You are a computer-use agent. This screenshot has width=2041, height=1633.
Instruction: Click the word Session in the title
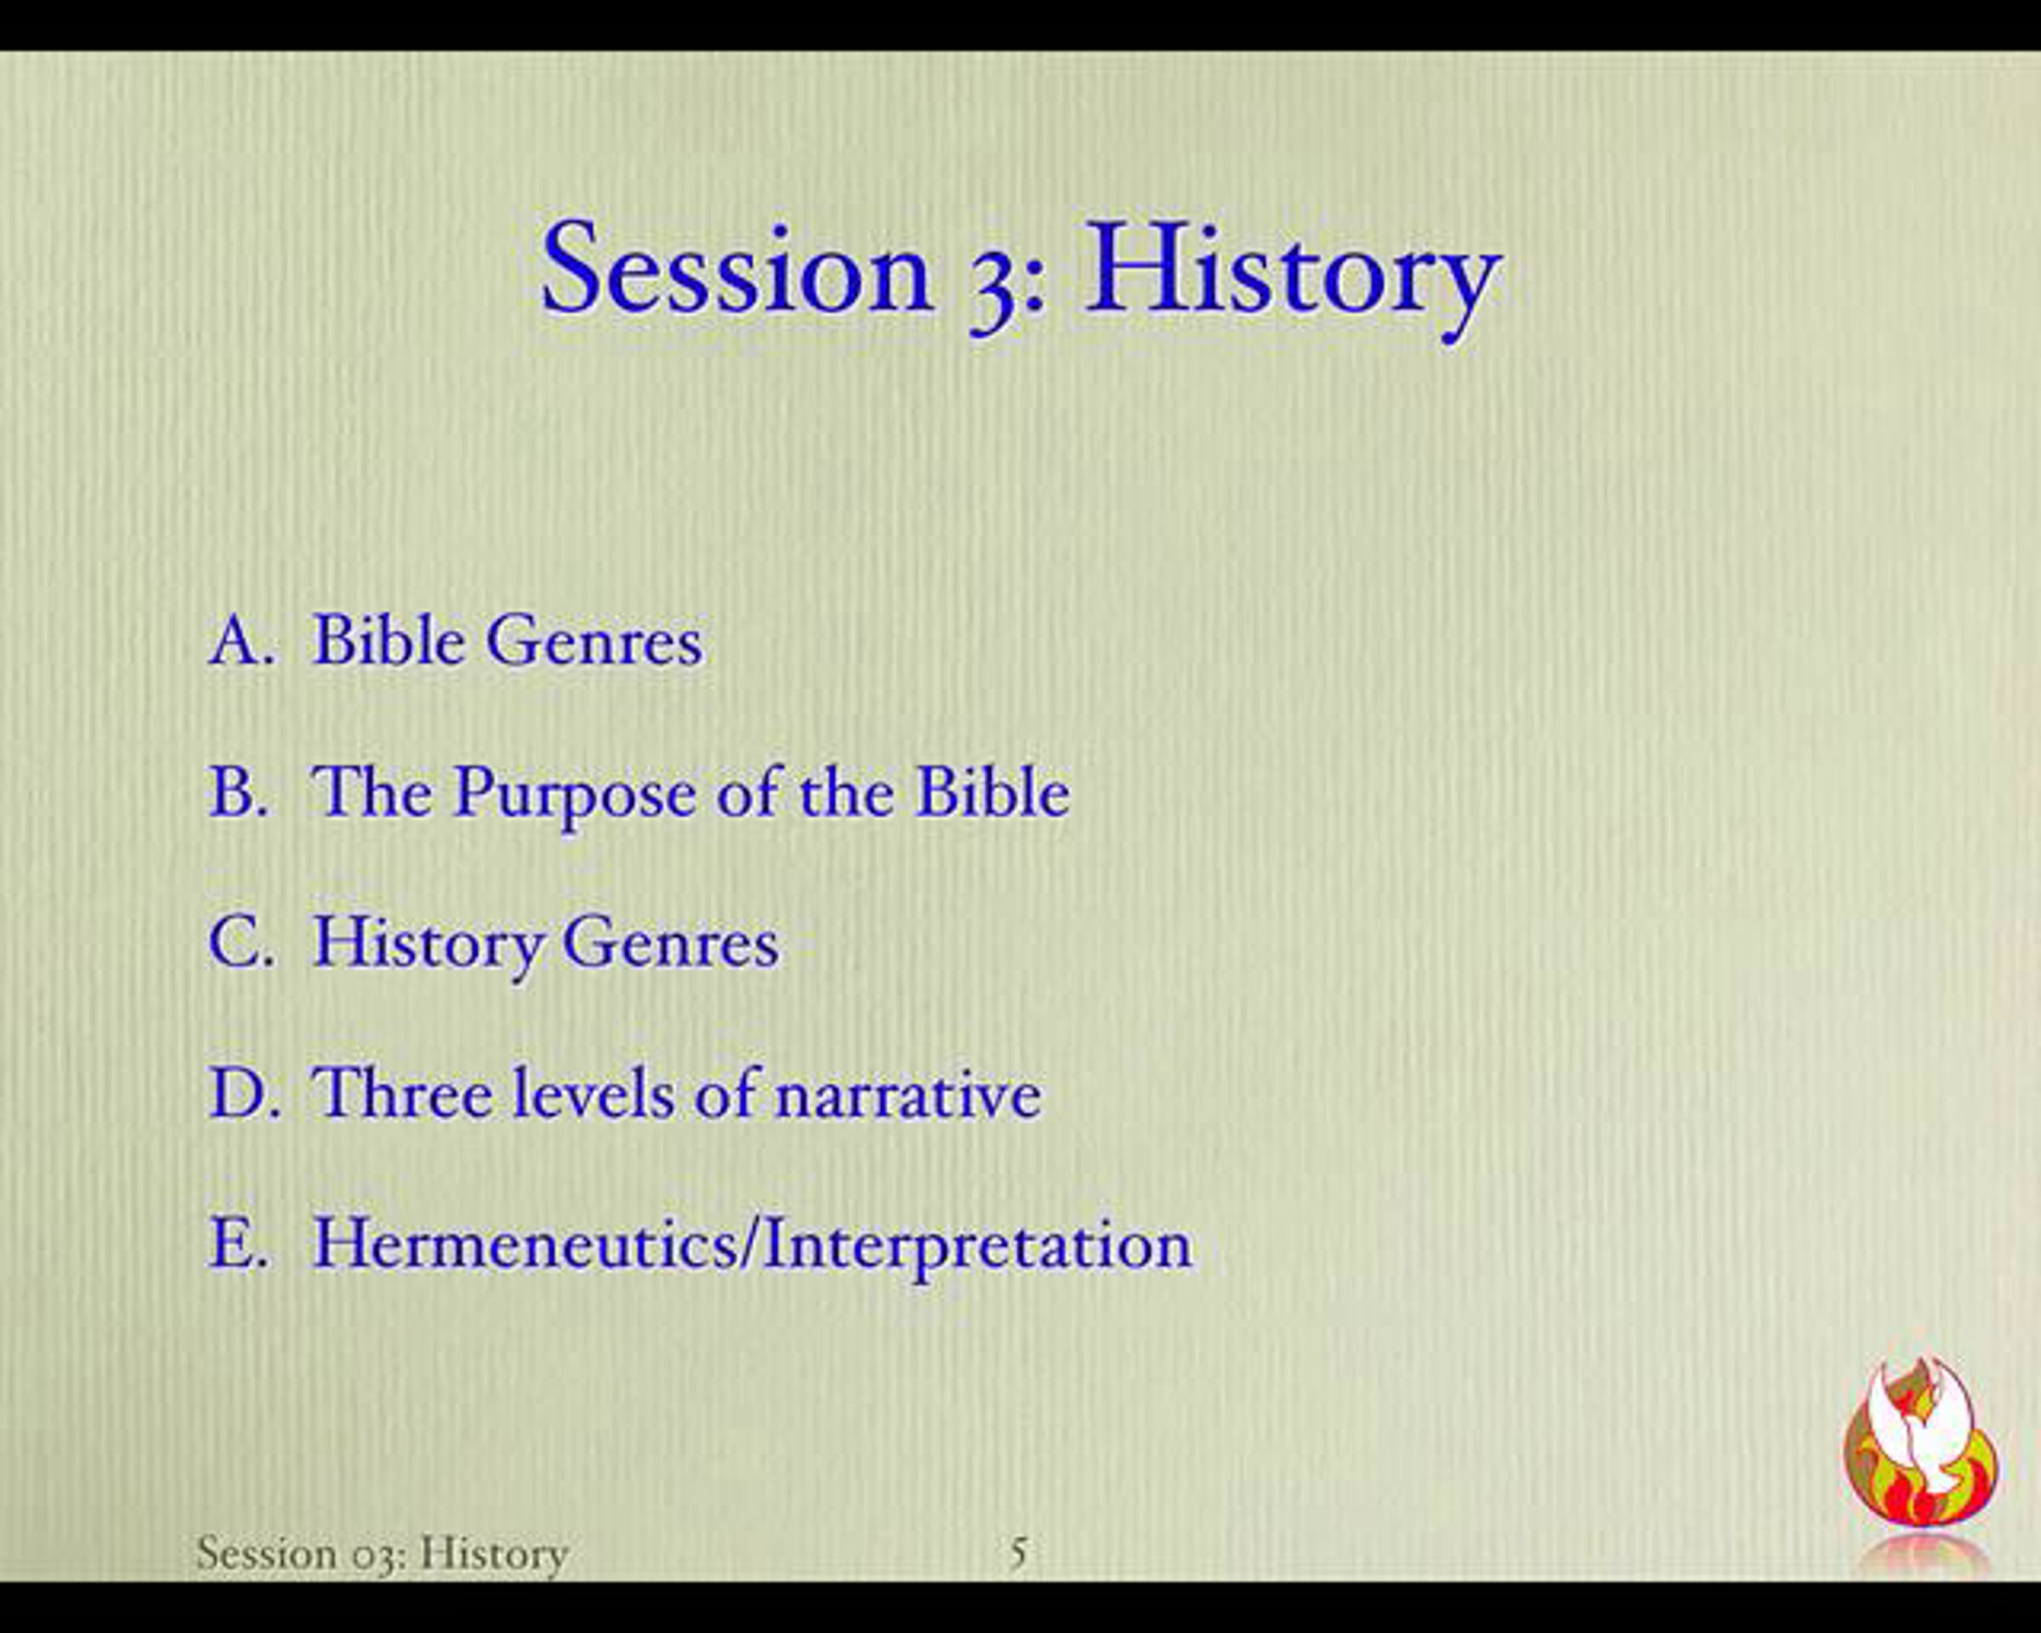click(737, 269)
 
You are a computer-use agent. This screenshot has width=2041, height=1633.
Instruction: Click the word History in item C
click(429, 947)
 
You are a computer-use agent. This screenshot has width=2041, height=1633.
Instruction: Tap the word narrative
click(909, 1095)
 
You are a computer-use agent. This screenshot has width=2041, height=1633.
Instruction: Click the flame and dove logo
click(1921, 1442)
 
